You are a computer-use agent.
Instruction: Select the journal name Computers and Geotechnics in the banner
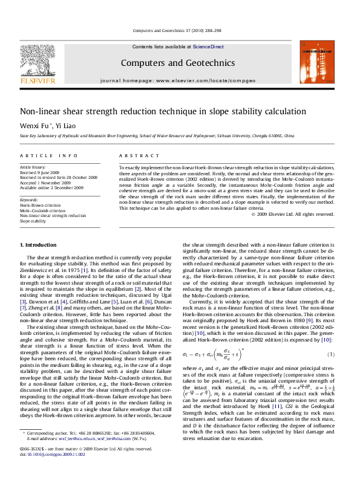177,63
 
